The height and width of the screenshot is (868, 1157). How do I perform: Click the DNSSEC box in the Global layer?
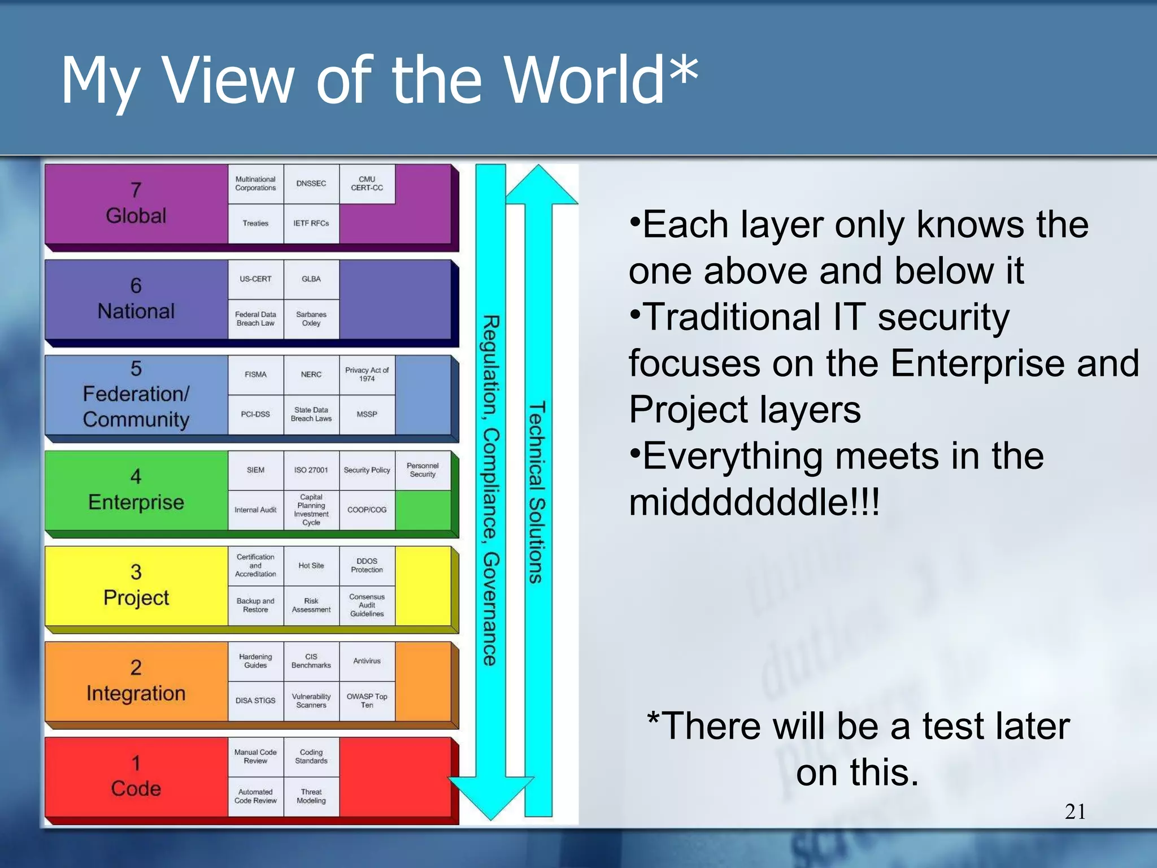311,184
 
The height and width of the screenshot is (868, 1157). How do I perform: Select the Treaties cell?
255,223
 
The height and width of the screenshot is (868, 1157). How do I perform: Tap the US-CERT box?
255,279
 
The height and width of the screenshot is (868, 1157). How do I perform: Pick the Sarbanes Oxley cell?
311,319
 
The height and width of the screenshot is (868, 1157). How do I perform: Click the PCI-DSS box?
255,414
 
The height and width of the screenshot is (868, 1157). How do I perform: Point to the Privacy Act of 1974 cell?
367,374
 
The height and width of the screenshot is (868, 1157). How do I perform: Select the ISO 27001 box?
311,470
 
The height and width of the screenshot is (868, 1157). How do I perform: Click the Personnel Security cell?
423,470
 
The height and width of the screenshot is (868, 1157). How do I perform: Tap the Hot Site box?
311,566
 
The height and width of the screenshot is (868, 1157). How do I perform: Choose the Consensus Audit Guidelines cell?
367,605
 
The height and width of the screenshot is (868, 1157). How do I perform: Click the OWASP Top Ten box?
367,701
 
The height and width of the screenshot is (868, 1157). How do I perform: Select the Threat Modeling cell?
311,796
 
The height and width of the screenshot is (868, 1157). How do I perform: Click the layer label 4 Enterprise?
136,490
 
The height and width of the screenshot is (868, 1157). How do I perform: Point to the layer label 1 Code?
136,776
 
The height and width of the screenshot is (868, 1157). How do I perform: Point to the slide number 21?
1075,812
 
